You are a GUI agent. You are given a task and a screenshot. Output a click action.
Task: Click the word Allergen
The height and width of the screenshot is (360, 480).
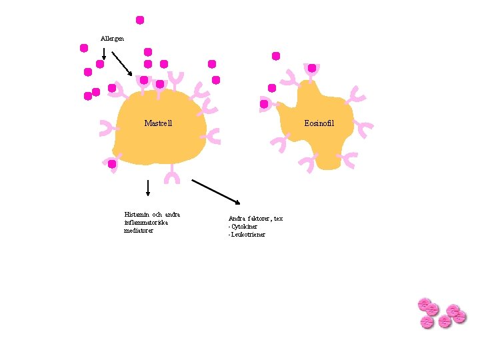click(112, 38)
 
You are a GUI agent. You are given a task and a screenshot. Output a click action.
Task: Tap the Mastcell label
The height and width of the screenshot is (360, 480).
click(158, 123)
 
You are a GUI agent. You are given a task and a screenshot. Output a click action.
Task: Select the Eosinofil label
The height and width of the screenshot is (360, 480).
click(319, 123)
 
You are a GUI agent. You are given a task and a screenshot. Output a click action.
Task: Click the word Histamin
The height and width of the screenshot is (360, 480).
click(137, 215)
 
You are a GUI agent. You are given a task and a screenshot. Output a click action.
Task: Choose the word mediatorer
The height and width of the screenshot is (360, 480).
click(139, 231)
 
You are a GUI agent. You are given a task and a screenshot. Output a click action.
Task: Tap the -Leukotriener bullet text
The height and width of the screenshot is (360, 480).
click(247, 235)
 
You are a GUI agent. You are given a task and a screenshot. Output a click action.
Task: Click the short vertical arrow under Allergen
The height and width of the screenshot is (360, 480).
click(104, 53)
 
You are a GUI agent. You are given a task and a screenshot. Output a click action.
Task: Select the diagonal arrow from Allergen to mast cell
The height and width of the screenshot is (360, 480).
click(122, 64)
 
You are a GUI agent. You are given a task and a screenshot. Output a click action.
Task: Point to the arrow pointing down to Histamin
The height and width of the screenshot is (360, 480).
click(147, 187)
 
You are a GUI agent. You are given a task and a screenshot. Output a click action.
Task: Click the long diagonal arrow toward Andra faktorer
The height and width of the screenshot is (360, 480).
click(216, 191)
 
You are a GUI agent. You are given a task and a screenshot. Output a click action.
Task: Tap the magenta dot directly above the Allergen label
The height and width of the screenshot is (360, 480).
click(140, 20)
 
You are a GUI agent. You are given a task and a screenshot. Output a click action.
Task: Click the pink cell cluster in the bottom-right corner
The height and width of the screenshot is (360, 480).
click(441, 313)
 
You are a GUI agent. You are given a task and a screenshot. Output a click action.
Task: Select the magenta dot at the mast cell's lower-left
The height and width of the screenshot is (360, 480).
click(112, 163)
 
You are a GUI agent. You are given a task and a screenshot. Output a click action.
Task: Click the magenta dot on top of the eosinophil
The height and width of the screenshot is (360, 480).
click(311, 68)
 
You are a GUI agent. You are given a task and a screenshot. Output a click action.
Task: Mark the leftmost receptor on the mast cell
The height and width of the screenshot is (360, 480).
click(107, 128)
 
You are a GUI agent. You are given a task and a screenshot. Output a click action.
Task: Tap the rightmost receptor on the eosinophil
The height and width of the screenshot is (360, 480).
click(363, 129)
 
